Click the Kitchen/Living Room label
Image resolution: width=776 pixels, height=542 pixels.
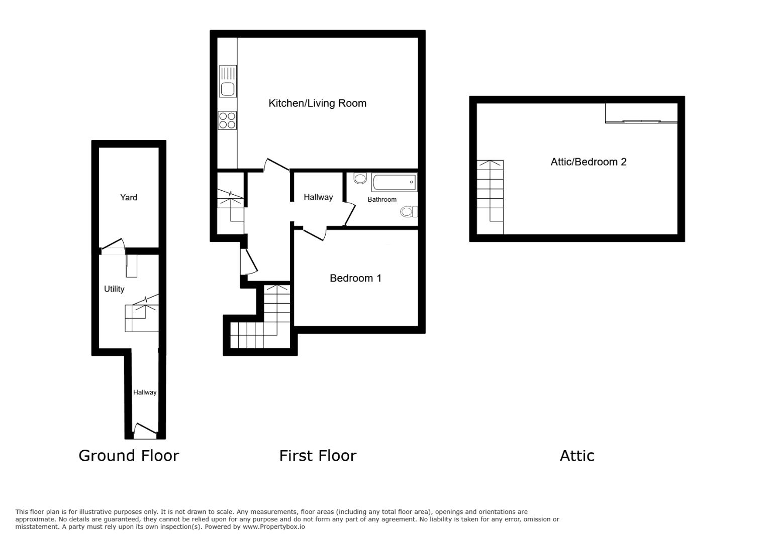[317, 103]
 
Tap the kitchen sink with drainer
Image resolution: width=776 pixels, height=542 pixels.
[228, 81]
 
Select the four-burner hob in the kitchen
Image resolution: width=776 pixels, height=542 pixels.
[227, 120]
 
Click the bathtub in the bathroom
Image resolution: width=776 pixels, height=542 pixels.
[394, 182]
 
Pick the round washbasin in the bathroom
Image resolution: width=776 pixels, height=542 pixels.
[360, 178]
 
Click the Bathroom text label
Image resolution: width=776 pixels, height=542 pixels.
[381, 200]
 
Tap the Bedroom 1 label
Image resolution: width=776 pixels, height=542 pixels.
[355, 278]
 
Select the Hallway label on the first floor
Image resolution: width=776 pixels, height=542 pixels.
[318, 197]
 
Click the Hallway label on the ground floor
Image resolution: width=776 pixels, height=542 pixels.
[144, 392]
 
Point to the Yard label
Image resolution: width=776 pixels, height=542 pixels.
[128, 197]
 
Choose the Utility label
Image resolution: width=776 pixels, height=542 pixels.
[114, 289]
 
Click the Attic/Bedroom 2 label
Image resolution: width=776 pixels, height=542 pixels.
[588, 162]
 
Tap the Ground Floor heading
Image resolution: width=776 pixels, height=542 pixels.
[129, 456]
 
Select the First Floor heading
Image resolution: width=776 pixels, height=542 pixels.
[318, 456]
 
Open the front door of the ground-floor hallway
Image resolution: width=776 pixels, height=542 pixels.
[145, 431]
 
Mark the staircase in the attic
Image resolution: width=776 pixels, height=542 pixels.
[490, 196]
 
